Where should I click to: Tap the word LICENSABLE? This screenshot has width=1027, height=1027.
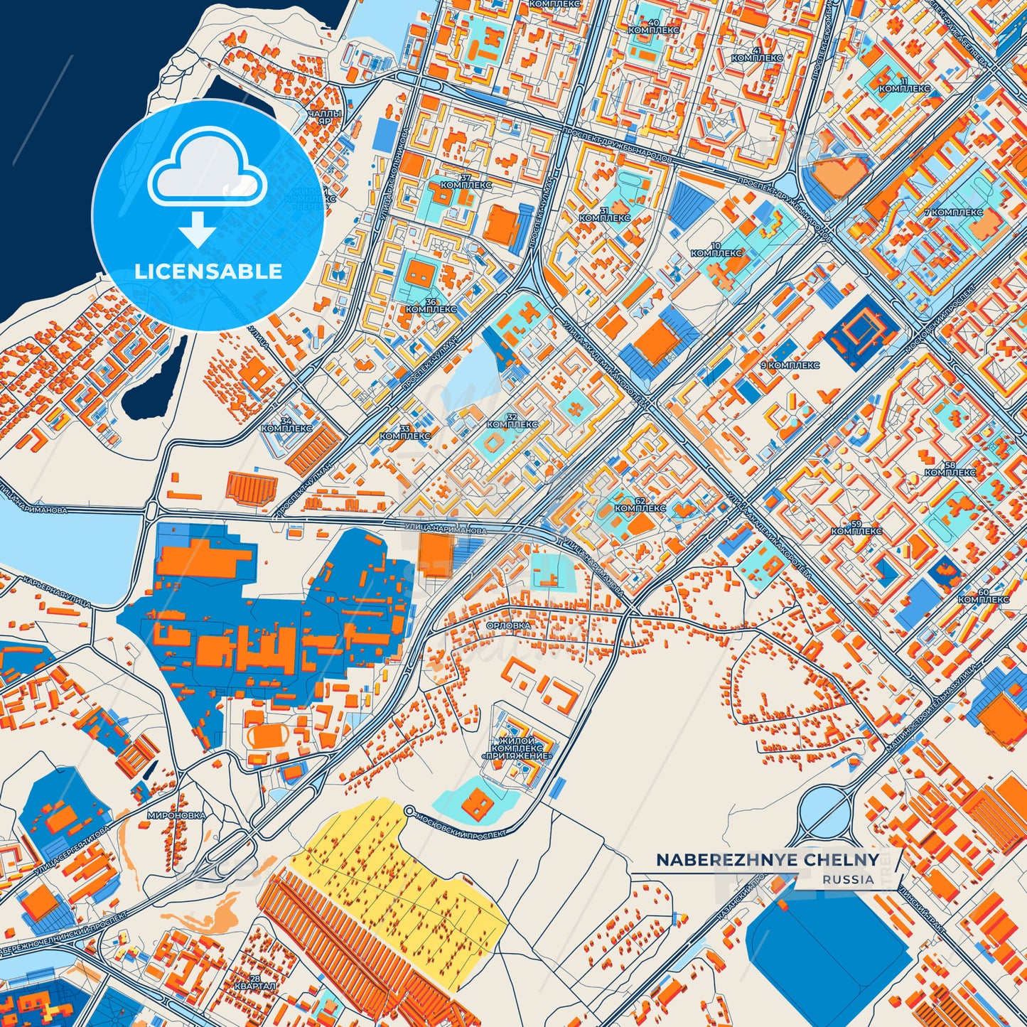tap(208, 271)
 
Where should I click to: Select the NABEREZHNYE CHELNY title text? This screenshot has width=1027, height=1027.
tap(767, 860)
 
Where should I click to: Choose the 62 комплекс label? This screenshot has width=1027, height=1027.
tap(640, 505)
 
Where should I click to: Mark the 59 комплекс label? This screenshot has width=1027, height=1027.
tap(856, 527)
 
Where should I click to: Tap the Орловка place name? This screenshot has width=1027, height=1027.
tap(508, 625)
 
